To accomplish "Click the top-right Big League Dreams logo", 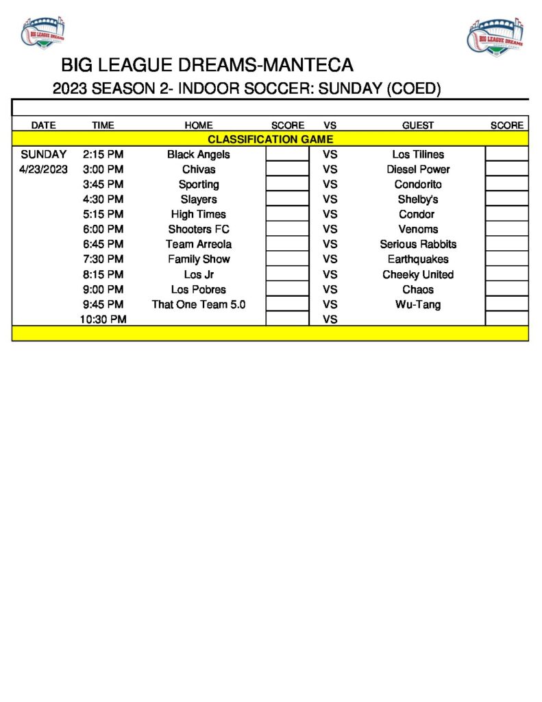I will point(497,36).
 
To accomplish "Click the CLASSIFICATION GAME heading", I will point(270,139).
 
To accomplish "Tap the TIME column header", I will point(103,125).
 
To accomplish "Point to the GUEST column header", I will point(418,125).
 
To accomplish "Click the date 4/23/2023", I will point(44,169).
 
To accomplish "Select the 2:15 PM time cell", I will point(103,154).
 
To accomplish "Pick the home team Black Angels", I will point(199,154).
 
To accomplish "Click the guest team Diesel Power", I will point(418,169).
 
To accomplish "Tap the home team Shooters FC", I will point(199,229).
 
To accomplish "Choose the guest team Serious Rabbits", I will point(418,244).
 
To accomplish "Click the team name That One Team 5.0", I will point(199,304).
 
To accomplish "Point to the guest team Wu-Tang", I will point(418,304).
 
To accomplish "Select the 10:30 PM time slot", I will point(103,319).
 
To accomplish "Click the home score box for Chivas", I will point(287,169).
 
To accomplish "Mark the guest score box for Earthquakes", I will point(506,259).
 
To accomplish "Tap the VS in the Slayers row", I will point(330,199).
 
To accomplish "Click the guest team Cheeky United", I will point(418,274).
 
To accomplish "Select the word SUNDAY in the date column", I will point(44,154).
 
